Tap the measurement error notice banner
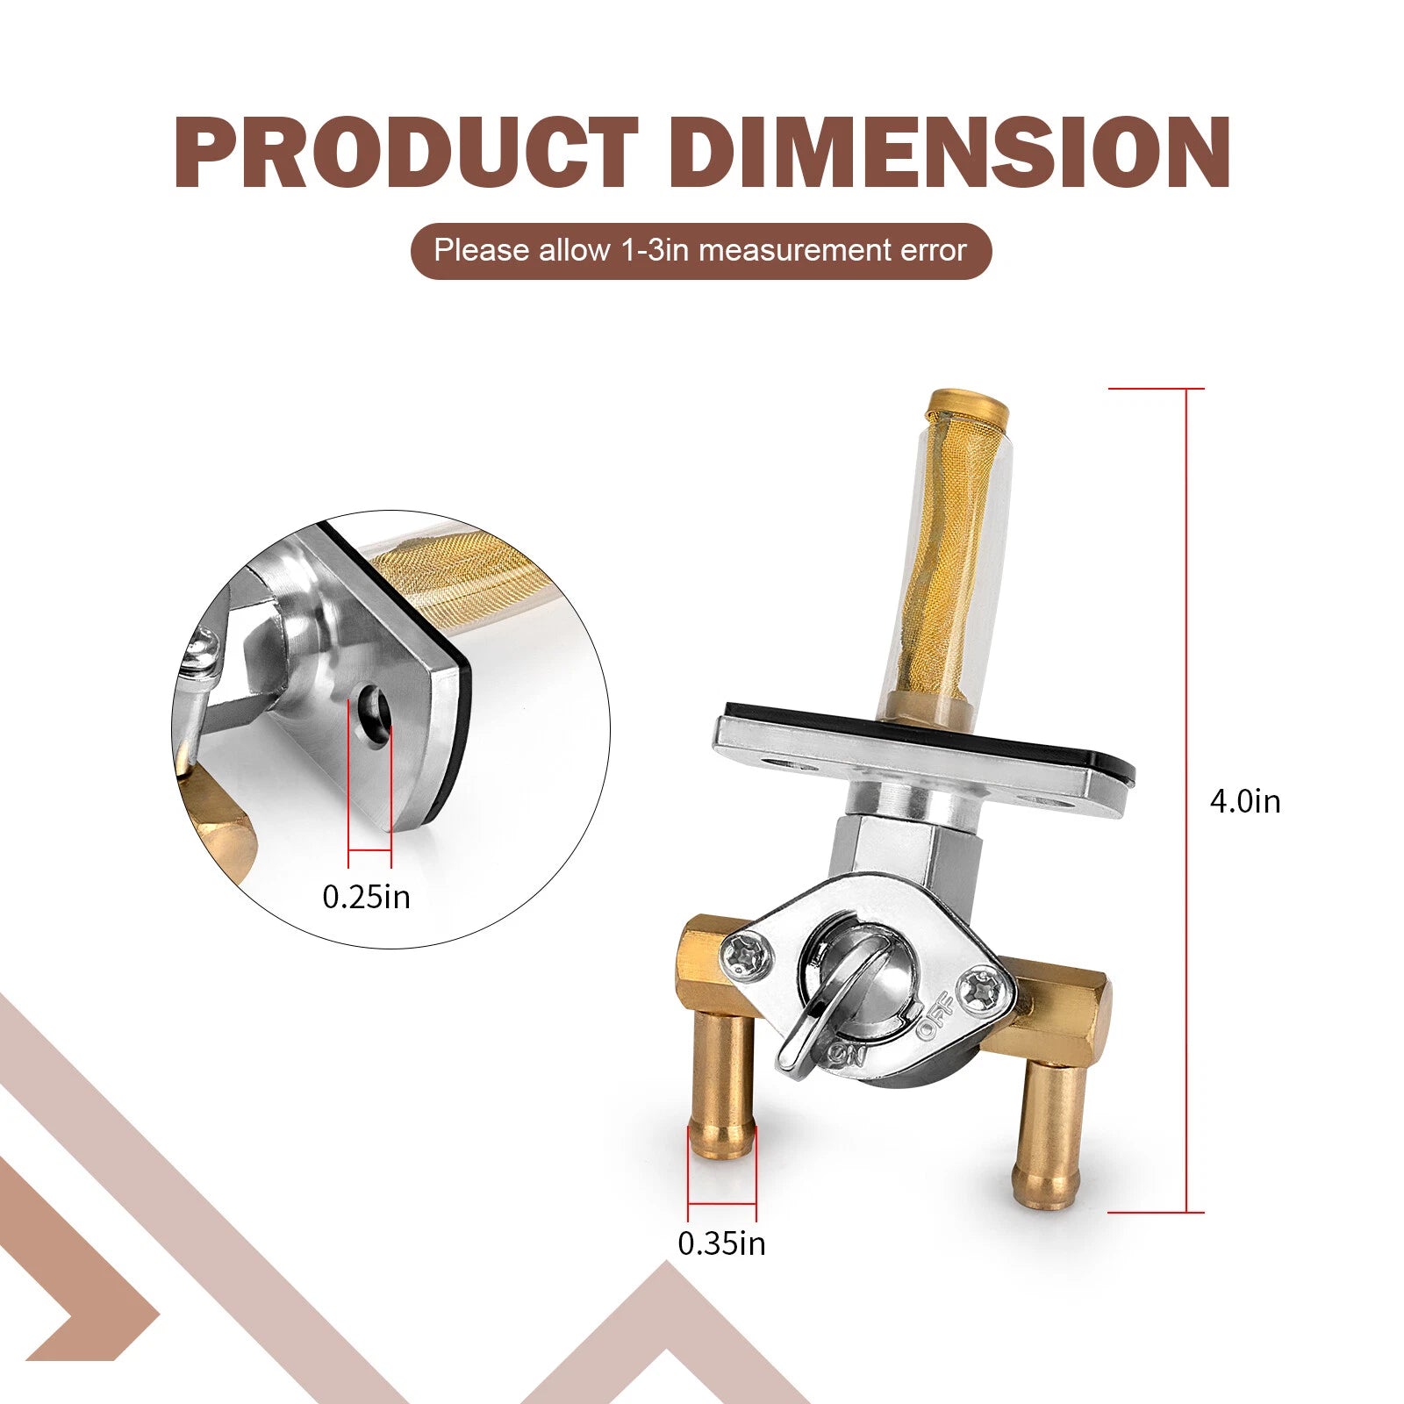pos(701,251)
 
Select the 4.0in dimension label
pos(1245,801)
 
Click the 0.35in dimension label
pos(721,1243)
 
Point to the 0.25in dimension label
pos(366,897)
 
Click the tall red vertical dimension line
pos(1188,800)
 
